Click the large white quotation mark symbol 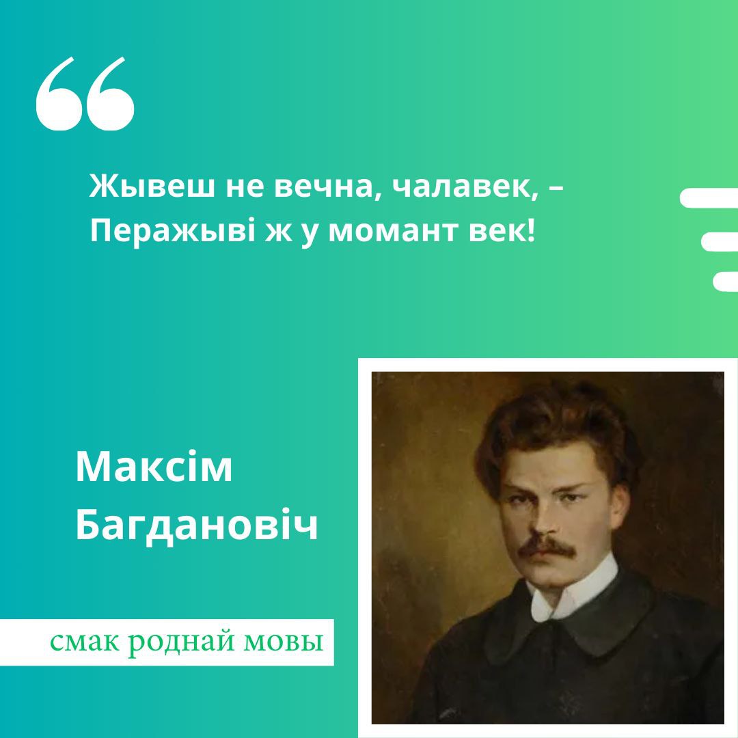[85, 94]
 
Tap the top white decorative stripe [709, 197]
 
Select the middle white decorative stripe [719, 242]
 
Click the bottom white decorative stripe [725, 282]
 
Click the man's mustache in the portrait [547, 545]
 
